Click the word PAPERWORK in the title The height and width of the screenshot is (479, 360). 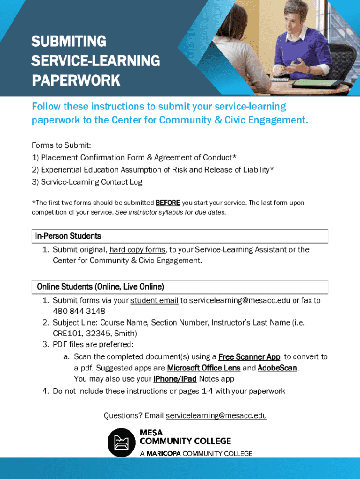pos(76,80)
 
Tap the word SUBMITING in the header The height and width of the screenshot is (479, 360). pos(69,42)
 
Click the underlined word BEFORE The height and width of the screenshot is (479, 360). pos(167,203)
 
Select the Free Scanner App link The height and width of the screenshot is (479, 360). pos(249,357)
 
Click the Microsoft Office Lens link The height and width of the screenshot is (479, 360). pos(203,368)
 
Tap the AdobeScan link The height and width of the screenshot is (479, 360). pos(277,368)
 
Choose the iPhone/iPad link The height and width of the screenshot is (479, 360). pos(175,379)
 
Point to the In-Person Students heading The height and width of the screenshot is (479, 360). pos(68,236)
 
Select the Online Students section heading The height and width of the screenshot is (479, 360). pos(101,286)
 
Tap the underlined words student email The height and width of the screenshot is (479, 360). pos(154,301)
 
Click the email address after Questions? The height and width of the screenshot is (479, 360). pos(216,415)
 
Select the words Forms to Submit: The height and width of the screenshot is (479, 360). pos(61,145)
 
